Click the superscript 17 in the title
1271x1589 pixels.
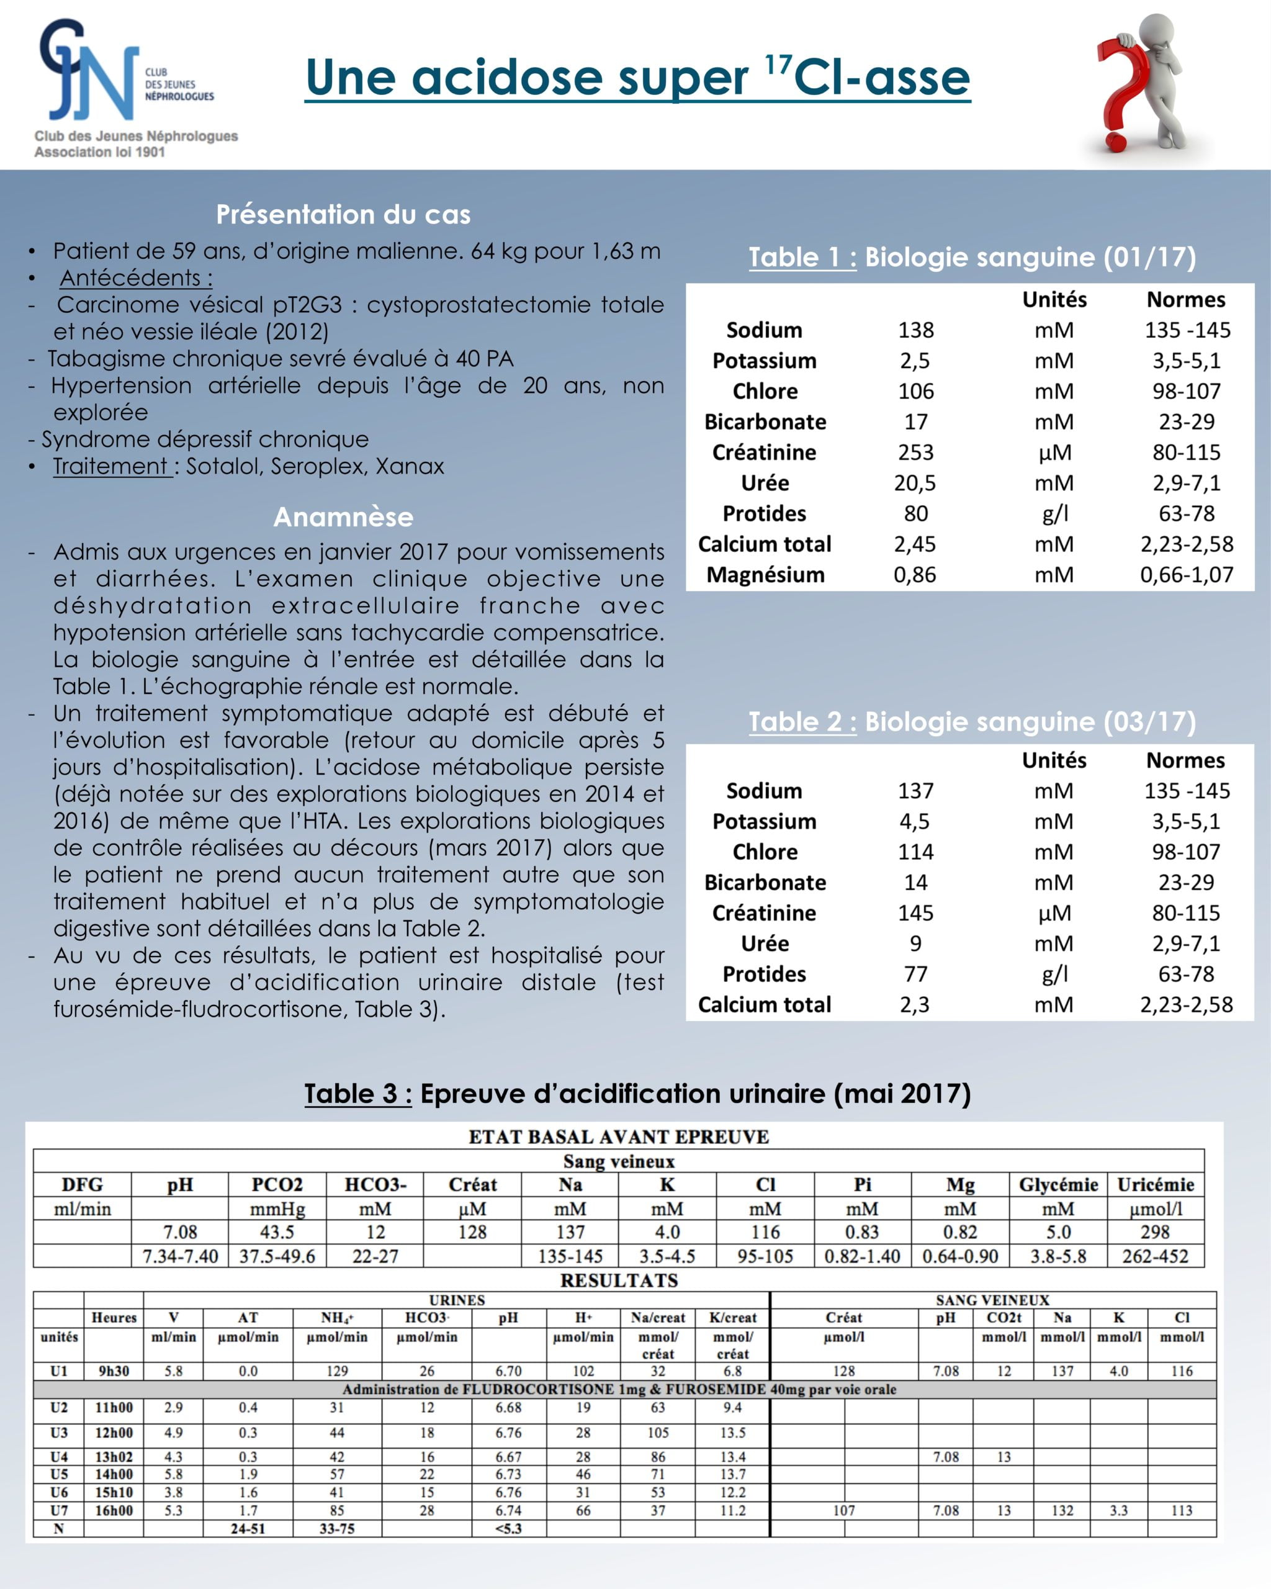[778, 65]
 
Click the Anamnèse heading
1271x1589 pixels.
[343, 516]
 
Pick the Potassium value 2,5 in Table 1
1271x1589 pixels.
[915, 361]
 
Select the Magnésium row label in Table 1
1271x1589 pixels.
[765, 575]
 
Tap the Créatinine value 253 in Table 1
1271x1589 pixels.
[915, 452]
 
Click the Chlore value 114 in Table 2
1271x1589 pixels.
[915, 852]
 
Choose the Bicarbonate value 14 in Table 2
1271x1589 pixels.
[915, 883]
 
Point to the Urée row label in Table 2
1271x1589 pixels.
[765, 944]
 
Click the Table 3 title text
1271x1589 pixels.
[637, 1094]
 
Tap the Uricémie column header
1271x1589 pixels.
[1156, 1185]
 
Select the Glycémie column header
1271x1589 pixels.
[1058, 1185]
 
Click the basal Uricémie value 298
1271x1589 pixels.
[1156, 1232]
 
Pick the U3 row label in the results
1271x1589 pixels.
[59, 1432]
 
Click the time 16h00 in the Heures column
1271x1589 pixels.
[114, 1510]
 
